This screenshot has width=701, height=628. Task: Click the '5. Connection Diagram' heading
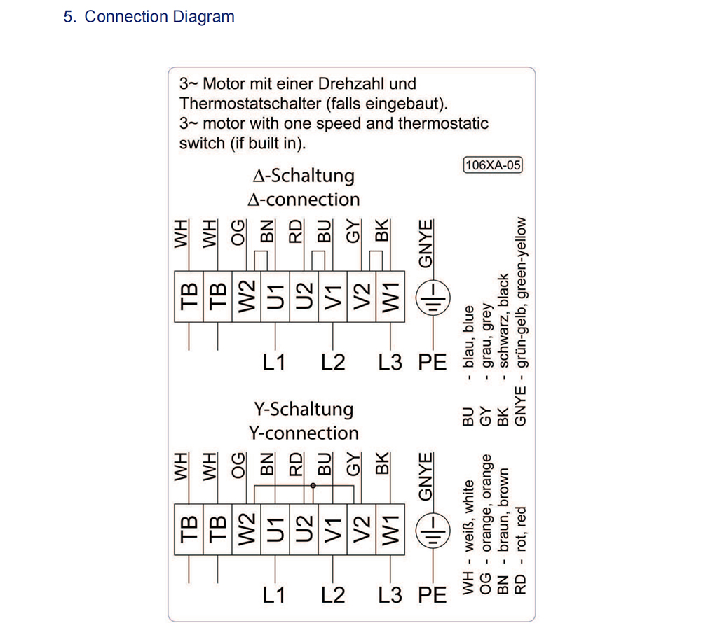pyautogui.click(x=149, y=17)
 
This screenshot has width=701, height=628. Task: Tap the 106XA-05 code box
pyautogui.click(x=492, y=165)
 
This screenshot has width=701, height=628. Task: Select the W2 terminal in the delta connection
pyautogui.click(x=246, y=296)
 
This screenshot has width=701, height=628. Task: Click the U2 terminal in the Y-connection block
pyautogui.click(x=304, y=529)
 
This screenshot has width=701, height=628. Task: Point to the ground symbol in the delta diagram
pyautogui.click(x=433, y=298)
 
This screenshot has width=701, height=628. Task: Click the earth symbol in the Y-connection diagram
pyautogui.click(x=433, y=531)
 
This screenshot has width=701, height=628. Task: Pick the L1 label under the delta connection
pyautogui.click(x=273, y=362)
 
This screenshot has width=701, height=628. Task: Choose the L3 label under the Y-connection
pyautogui.click(x=390, y=595)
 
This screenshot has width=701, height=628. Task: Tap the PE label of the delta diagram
pyautogui.click(x=433, y=362)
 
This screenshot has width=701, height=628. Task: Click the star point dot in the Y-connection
pyautogui.click(x=313, y=485)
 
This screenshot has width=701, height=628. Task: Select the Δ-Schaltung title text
pyautogui.click(x=304, y=176)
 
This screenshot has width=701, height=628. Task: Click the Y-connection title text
pyautogui.click(x=304, y=433)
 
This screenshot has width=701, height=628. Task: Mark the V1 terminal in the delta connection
pyautogui.click(x=332, y=296)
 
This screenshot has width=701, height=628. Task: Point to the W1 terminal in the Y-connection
pyautogui.click(x=390, y=529)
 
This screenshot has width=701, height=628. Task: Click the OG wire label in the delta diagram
pyautogui.click(x=238, y=232)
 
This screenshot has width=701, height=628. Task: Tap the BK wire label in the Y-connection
pyautogui.click(x=382, y=463)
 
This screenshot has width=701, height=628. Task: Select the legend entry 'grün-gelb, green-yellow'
pyautogui.click(x=521, y=293)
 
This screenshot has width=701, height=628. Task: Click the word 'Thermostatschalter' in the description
pyautogui.click(x=250, y=104)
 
